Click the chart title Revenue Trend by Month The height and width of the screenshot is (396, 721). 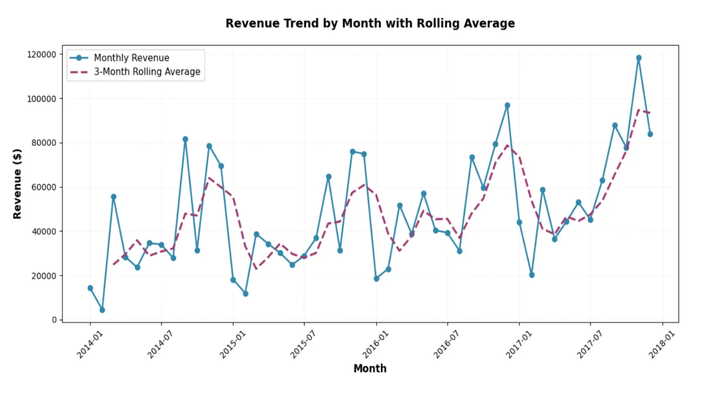370,24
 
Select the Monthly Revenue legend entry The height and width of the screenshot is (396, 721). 131,58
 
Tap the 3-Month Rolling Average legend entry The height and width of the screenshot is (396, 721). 147,72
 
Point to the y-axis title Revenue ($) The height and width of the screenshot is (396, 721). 18,184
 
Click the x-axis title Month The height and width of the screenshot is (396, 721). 370,368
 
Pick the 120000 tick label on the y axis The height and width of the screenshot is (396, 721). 42,55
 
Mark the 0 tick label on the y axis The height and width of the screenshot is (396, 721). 54,320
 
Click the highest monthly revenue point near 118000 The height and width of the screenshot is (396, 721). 639,58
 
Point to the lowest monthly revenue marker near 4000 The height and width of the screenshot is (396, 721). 102,310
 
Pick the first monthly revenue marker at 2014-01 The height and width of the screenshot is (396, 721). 90,288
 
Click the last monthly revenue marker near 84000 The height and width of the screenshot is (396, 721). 650,134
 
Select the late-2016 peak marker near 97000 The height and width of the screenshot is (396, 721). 507,105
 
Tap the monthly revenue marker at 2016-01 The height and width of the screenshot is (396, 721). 376,278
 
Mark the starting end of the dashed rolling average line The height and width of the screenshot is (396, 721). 114,265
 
